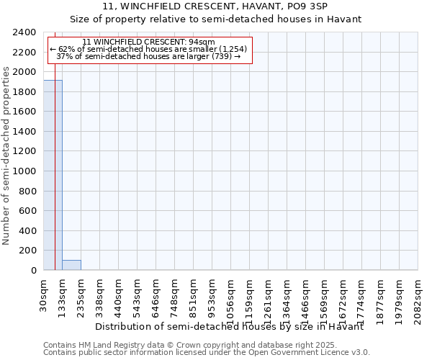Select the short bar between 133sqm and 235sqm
pos(71,265)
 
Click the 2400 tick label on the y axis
pos(24,32)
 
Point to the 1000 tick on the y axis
pos(24,171)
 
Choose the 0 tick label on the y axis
pos(32,270)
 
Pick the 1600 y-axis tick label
pos(24,112)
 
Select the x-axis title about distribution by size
pos(230,326)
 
